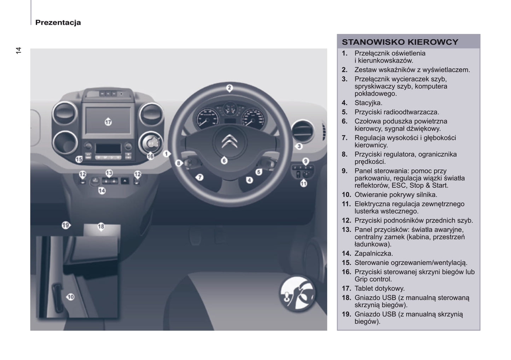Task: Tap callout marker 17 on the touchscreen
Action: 108,122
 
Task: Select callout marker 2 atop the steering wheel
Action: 230,88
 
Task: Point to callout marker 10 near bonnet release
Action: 70,297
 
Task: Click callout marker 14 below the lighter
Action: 102,191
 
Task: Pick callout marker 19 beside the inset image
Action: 65,225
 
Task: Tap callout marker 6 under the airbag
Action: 224,160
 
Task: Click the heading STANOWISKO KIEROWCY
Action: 400,42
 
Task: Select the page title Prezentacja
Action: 58,23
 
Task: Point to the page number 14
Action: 18,50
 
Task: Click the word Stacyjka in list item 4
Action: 368,103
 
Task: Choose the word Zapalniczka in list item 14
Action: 373,253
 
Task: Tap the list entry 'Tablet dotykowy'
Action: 379,288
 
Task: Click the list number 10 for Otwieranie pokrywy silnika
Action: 346,195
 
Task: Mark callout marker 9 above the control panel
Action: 306,161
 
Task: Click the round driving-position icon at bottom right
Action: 297,294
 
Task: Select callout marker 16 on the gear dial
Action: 150,156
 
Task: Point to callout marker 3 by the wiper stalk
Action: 299,146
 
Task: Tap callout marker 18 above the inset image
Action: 101,226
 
